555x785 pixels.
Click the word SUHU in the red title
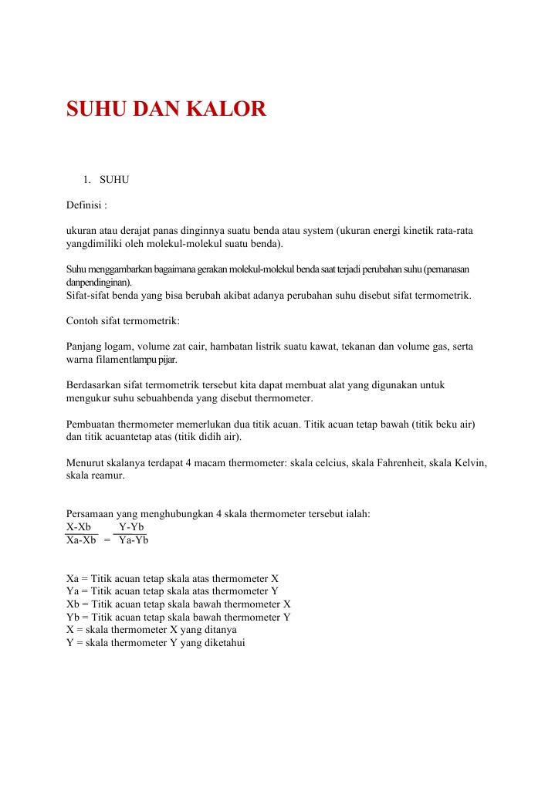(x=96, y=110)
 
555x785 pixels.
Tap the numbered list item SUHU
(x=114, y=180)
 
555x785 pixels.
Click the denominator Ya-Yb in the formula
(x=134, y=540)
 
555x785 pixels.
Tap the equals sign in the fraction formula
(x=107, y=541)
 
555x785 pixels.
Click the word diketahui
(x=222, y=643)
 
